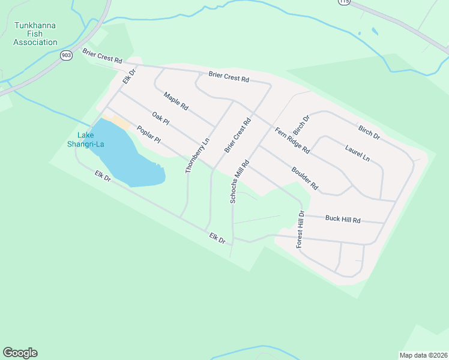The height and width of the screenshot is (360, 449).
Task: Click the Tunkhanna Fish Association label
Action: [35, 34]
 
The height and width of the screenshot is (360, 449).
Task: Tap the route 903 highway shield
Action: [65, 55]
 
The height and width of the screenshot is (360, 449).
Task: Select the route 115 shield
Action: [343, 2]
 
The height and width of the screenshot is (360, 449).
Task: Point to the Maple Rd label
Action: [176, 100]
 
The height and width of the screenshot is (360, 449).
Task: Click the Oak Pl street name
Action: [161, 118]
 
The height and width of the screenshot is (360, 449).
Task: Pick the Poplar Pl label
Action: [149, 134]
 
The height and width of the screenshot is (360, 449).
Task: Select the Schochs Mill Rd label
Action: [240, 181]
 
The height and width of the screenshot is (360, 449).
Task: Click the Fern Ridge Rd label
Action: [292, 140]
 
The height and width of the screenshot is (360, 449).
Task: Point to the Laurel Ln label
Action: [357, 152]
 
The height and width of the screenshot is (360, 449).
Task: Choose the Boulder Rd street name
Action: [304, 178]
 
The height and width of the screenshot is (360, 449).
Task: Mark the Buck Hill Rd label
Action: [343, 220]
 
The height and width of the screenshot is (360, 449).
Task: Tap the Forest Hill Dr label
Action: [300, 230]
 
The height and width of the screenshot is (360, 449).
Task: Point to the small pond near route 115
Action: [375, 31]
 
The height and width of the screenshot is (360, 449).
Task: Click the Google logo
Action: [20, 353]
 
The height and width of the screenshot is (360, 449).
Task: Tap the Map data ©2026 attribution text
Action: [423, 355]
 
